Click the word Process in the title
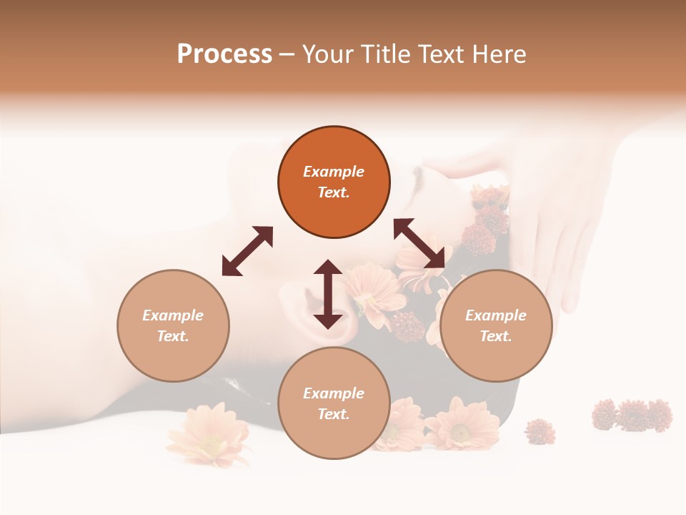click(x=224, y=54)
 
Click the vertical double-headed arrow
click(x=328, y=294)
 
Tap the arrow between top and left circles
click(x=247, y=251)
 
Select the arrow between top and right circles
click(x=419, y=243)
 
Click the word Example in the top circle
click(x=334, y=172)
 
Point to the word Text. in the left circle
click(x=173, y=336)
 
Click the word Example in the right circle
click(x=496, y=315)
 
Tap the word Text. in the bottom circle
click(x=334, y=414)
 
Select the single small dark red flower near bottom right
click(x=540, y=431)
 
